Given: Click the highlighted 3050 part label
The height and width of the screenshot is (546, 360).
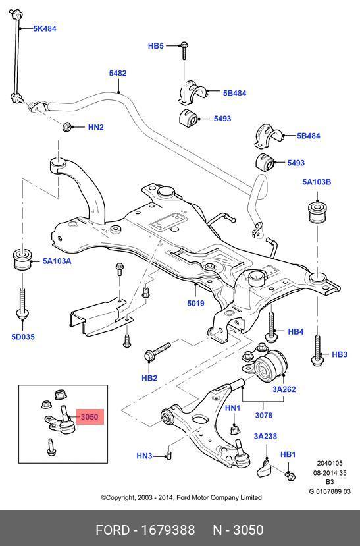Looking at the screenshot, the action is coord(90,417).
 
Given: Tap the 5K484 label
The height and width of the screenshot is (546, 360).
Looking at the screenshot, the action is coord(45,28).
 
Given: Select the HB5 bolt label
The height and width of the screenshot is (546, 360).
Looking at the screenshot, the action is coord(156,46).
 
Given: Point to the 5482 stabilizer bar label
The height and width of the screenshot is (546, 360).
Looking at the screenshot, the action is coord(118,73).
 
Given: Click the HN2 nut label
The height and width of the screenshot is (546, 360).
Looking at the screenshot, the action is coord(96,128).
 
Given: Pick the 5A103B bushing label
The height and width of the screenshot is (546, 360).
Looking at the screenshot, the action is coord(317,182).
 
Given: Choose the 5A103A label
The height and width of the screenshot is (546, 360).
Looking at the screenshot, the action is coord(57,261).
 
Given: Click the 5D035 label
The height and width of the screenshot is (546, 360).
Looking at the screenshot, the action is coord(23,337).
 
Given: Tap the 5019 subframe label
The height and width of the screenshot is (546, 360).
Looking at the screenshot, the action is coord(196,303).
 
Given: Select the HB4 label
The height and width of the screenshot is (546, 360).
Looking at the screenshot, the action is coord(296,332).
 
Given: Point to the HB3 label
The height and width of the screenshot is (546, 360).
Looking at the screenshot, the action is coord(340,354).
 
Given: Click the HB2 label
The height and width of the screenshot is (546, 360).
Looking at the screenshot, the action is coord(149,378).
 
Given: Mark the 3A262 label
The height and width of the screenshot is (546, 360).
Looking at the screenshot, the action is coord(284,389).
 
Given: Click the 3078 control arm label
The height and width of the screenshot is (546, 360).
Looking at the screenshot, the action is coord(264,415).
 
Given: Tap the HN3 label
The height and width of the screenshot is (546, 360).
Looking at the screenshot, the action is coord(144,456).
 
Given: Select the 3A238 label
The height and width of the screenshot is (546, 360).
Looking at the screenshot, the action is coord(265,436).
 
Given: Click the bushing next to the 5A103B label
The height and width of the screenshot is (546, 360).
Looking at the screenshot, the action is coord(318,211).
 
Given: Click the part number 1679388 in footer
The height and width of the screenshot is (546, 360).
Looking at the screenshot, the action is coord(168,530).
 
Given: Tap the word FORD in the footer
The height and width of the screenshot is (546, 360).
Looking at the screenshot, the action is coord(113,530).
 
